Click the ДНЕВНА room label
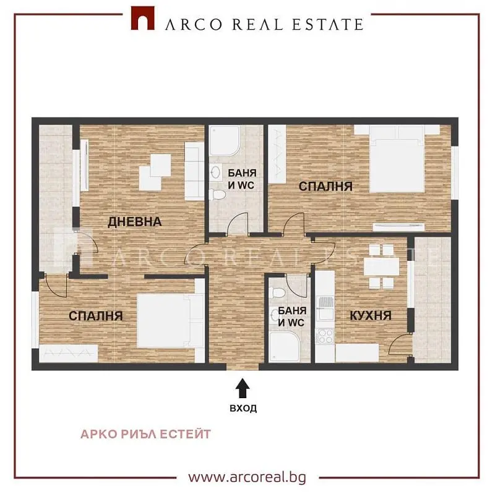click(x=135, y=222)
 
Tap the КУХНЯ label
click(x=371, y=315)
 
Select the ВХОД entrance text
click(x=243, y=408)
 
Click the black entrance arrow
click(x=243, y=388)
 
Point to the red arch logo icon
click(x=143, y=19)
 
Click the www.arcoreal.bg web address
click(x=247, y=477)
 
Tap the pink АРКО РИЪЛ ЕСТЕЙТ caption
click(x=145, y=434)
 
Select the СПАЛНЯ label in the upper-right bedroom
click(x=325, y=186)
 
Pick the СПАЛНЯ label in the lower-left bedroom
click(x=96, y=316)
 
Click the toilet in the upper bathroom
click(x=217, y=194)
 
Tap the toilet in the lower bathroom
click(x=279, y=292)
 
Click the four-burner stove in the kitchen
click(x=325, y=336)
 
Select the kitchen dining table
click(x=381, y=266)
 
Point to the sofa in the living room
click(x=194, y=171)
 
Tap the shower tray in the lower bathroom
click(x=285, y=347)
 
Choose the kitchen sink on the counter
click(x=325, y=308)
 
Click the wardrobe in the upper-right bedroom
click(x=277, y=154)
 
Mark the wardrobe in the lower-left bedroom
click(x=69, y=354)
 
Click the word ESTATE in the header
click(x=328, y=25)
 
